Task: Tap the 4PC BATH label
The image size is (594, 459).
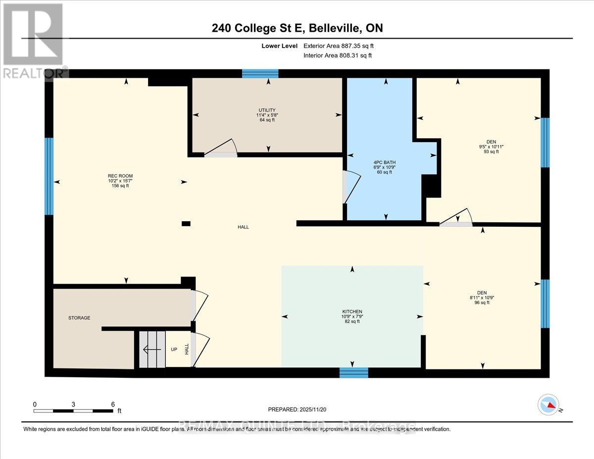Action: [384, 162]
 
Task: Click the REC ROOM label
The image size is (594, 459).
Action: [120, 176]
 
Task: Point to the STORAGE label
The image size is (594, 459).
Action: [79, 318]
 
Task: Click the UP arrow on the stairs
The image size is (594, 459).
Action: [150, 350]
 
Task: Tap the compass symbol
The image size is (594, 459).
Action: [548, 405]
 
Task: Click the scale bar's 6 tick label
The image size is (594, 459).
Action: [113, 404]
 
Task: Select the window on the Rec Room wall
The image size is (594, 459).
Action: [49, 176]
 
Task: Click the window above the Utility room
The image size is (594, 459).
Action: [260, 74]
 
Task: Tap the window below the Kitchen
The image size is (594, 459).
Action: [353, 372]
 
